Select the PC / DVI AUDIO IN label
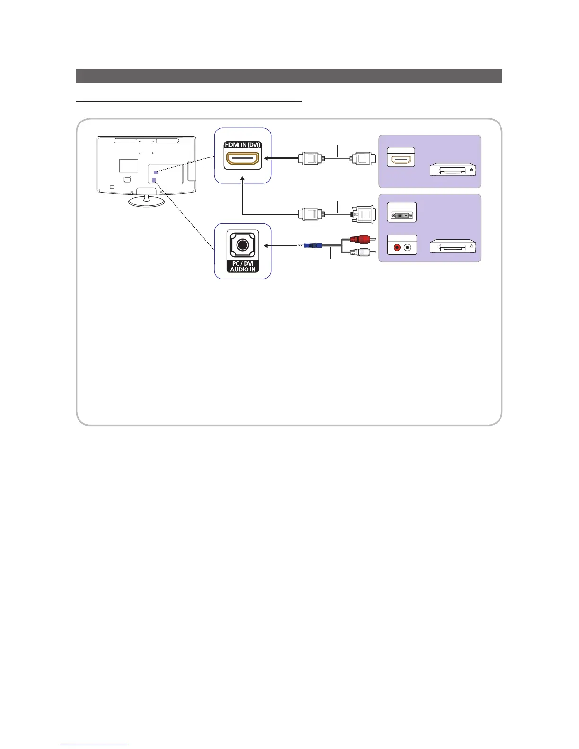click(x=242, y=266)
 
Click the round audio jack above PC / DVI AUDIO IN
click(x=242, y=245)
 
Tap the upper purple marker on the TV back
click(x=156, y=172)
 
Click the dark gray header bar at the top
click(x=289, y=76)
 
